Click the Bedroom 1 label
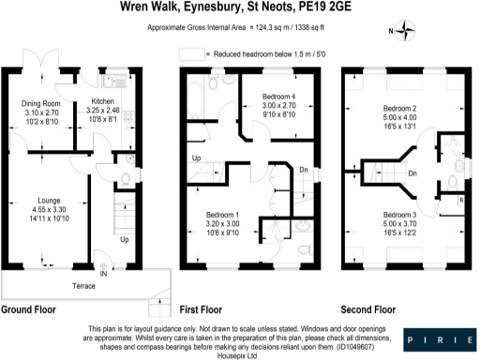pos(222,215)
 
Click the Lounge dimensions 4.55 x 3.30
pos(50,210)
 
